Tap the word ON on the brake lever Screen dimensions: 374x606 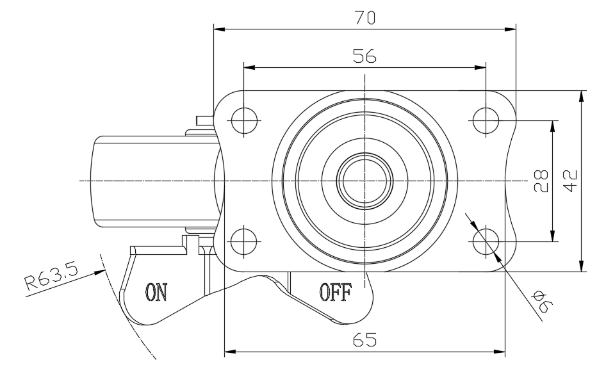point(156,293)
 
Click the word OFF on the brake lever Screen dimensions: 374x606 point(335,293)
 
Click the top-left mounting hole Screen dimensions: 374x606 point(243,120)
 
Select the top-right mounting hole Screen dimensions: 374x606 point(486,120)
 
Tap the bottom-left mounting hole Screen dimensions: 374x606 point(243,241)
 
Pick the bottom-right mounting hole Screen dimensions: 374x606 point(486,241)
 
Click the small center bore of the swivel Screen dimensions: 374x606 point(364,181)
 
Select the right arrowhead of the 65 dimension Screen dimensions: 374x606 point(500,352)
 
